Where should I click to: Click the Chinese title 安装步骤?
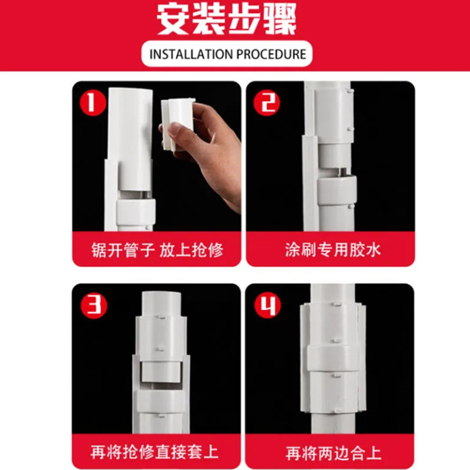[x=227, y=19]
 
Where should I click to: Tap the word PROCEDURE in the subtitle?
[x=271, y=54]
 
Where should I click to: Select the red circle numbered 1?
[x=93, y=102]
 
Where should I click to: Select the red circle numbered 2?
[x=267, y=102]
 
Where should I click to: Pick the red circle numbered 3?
[x=94, y=305]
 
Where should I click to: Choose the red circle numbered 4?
[x=268, y=305]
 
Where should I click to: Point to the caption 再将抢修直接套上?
[x=154, y=452]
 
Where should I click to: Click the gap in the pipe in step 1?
[x=134, y=194]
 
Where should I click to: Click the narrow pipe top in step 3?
[x=161, y=303]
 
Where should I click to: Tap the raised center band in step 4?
[x=333, y=359]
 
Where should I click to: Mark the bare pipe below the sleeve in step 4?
[x=333, y=423]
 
